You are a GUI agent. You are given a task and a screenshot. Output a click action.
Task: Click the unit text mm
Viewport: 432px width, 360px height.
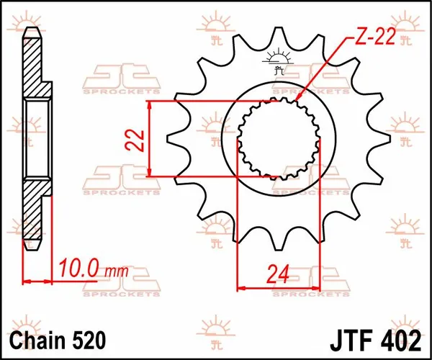coord(114,273)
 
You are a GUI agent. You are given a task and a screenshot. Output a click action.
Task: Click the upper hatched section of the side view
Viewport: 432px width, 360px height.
coord(34,68)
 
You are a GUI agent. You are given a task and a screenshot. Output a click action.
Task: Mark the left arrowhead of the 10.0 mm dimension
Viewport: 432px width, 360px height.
coord(27,279)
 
